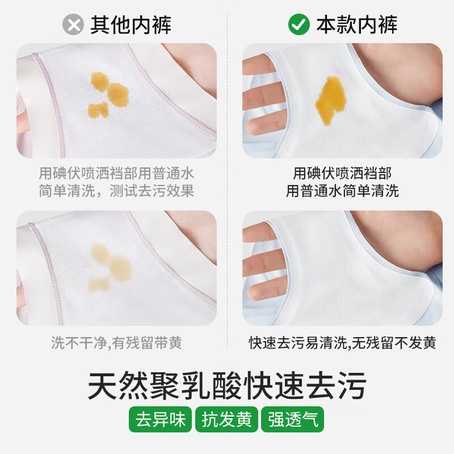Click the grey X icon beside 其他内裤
coord(72,24)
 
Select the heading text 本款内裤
coord(356,24)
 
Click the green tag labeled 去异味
coord(161,420)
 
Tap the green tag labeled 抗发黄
coord(226,420)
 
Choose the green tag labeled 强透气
coord(292,420)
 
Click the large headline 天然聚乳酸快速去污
coord(227,385)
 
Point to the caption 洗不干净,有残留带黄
coord(116,343)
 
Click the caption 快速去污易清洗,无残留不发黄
coord(342,343)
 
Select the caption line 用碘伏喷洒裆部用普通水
coord(116,173)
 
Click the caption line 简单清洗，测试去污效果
coord(116,191)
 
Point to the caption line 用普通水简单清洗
coord(342,191)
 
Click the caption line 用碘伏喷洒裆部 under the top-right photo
coord(342,173)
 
